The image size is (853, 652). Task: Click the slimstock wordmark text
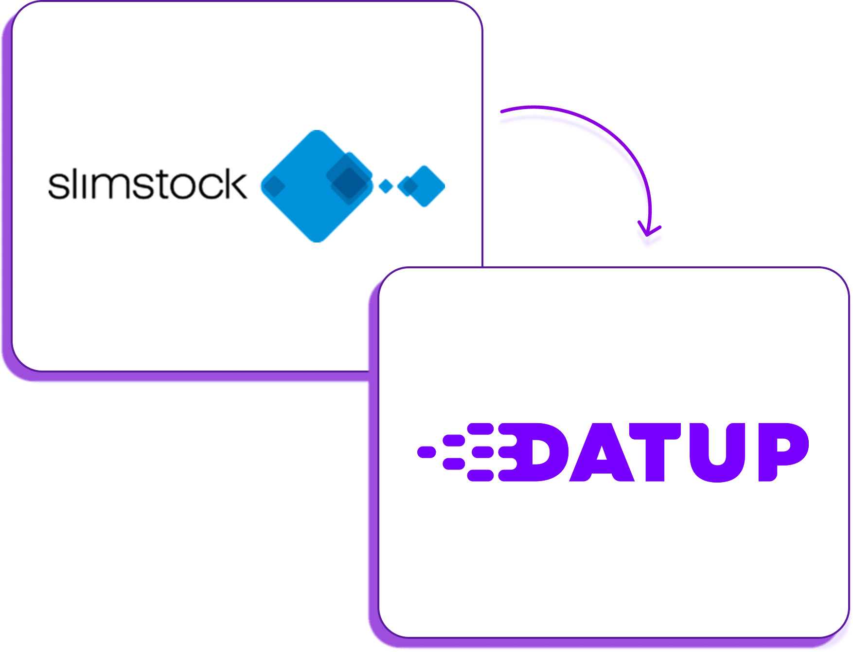pos(147,184)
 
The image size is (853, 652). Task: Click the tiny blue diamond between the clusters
pos(386,186)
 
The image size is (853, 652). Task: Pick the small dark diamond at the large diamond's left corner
pos(274,186)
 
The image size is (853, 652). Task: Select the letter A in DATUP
pos(601,453)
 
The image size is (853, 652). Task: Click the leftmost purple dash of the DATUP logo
pos(426,452)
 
